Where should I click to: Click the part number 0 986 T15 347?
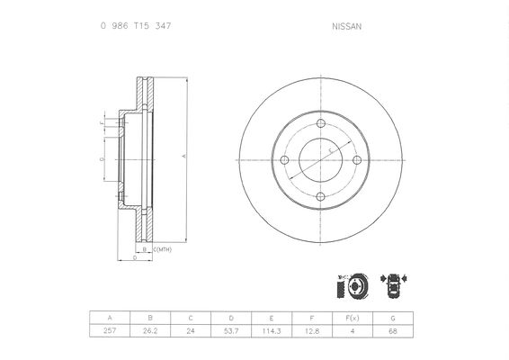click(136, 26)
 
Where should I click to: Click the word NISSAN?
click(347, 27)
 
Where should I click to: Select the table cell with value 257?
click(110, 331)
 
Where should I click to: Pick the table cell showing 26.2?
click(150, 331)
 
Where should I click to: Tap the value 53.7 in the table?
click(231, 331)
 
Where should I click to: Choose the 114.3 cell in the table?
click(272, 331)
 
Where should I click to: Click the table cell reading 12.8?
click(312, 331)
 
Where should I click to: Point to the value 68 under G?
click(393, 331)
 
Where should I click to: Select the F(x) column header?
click(353, 318)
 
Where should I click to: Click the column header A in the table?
click(110, 318)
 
